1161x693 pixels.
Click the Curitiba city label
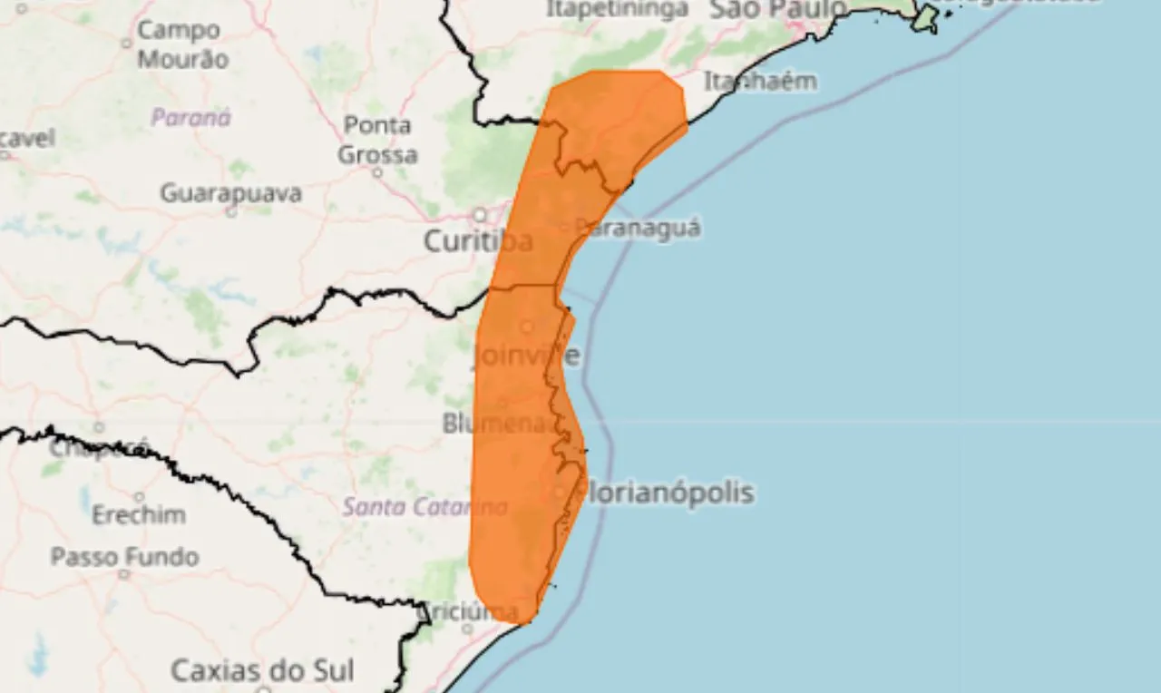pos(477,242)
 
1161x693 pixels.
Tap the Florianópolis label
pos(667,493)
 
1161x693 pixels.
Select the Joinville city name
pos(525,355)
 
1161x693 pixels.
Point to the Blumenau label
pos(498,424)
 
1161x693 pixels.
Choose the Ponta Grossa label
pos(377,140)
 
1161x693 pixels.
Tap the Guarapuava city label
pos(230,193)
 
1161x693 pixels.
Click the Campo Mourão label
pos(181,44)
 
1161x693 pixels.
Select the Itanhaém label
pos(760,82)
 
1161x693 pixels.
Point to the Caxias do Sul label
pos(262,672)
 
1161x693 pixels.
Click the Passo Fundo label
pos(124,556)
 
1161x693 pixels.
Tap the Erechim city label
pos(138,515)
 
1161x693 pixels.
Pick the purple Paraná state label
pos(190,118)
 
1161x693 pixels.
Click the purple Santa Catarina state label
pos(424,507)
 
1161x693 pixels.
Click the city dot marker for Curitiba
pos(479,215)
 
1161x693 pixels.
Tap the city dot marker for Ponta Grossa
pos(377,172)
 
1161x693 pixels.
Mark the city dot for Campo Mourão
pos(127,43)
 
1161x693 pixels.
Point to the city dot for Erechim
pos(139,497)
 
